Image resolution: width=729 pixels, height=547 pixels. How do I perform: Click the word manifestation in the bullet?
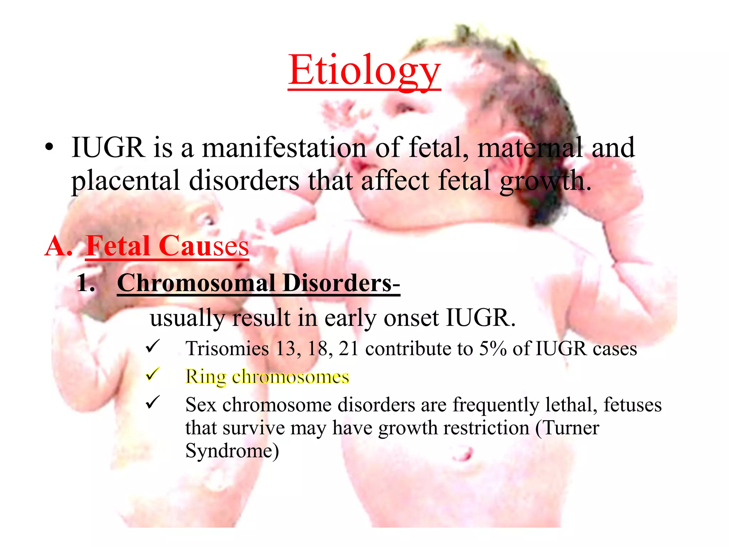[284, 148]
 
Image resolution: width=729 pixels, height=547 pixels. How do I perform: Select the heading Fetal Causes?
[167, 246]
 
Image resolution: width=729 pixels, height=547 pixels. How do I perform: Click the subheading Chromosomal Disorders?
[258, 283]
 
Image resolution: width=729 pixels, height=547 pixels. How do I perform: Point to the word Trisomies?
[227, 349]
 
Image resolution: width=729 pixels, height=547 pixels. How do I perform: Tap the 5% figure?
[493, 349]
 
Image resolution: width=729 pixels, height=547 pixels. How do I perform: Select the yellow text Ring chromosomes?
[267, 377]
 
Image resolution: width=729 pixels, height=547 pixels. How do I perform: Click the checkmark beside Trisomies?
[153, 346]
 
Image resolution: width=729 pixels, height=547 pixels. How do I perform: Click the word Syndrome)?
[232, 451]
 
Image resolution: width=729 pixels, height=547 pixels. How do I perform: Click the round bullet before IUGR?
[49, 148]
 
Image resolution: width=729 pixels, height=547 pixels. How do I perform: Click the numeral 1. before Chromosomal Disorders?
[86, 284]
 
